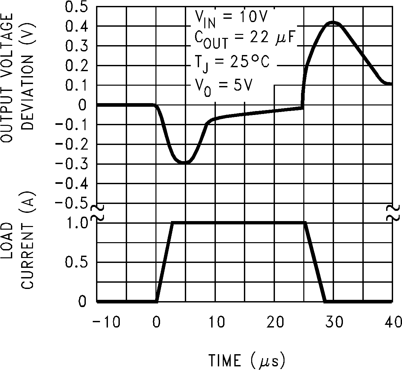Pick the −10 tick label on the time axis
pos(106,322)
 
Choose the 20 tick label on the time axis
pos(275,322)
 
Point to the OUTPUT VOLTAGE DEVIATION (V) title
pos(18,77)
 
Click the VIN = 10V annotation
pos(230,18)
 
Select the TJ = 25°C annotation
pos(231,63)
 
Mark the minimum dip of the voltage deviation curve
pos(185,162)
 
